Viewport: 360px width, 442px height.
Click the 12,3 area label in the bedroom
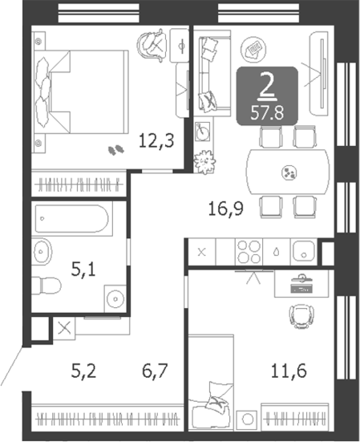[156, 141]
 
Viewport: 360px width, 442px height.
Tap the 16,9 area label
[226, 209]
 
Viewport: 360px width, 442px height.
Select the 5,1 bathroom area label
[83, 270]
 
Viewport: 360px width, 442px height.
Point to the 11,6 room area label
[289, 371]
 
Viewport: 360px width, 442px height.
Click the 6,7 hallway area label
[155, 371]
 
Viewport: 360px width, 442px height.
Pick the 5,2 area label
[83, 371]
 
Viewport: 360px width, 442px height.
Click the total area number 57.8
[267, 113]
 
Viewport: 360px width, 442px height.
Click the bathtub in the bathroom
[72, 219]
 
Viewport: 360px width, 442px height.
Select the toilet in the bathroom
[47, 286]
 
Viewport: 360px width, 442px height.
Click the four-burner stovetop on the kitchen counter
[249, 252]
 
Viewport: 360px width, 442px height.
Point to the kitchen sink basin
[304, 251]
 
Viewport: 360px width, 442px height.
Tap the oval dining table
[288, 172]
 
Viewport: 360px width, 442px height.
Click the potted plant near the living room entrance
[204, 162]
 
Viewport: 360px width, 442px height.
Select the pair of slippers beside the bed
[116, 150]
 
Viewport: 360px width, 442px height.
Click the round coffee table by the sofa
[253, 49]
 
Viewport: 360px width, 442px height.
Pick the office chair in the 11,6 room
[301, 316]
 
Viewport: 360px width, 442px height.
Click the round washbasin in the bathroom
[42, 251]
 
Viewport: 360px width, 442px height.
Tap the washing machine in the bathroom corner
[115, 298]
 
